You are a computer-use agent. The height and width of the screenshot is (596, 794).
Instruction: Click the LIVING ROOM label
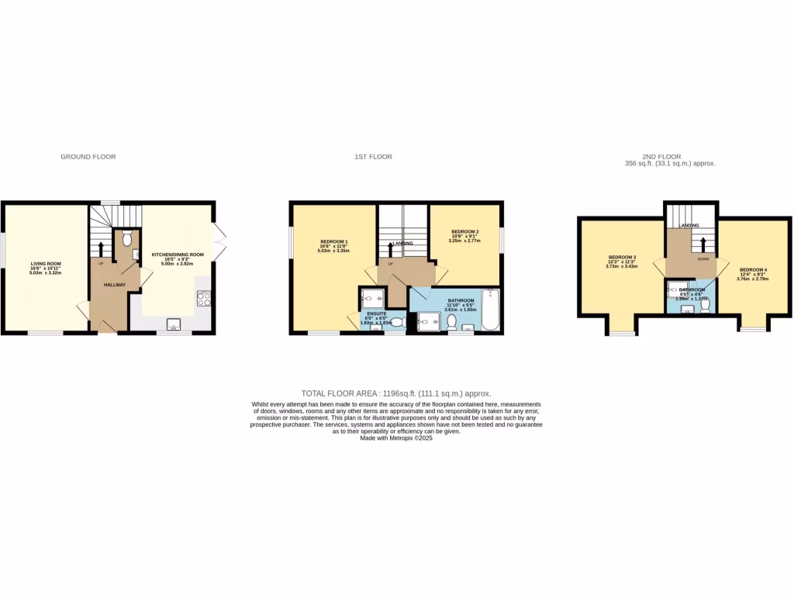click(x=45, y=262)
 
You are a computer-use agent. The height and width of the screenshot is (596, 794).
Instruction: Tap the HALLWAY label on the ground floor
click(x=115, y=285)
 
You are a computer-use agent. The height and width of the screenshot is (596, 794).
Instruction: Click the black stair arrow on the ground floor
click(x=101, y=249)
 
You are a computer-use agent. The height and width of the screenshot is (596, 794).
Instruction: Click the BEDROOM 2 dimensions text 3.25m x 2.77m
click(x=464, y=241)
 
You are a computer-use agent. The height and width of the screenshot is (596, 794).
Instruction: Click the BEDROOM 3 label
click(x=622, y=257)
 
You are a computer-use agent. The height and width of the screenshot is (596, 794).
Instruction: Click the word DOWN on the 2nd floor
click(x=703, y=259)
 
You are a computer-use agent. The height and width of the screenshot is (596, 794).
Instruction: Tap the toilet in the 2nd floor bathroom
click(x=705, y=307)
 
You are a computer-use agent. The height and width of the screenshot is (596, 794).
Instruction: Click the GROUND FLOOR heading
click(x=88, y=157)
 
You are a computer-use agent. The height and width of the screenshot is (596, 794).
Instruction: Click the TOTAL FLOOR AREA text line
click(x=396, y=394)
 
